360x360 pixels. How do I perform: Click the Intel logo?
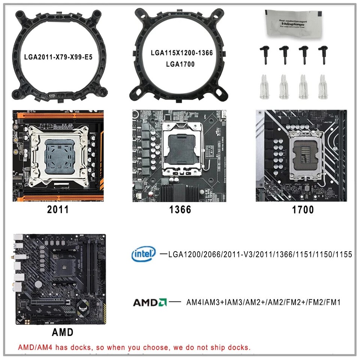click(144, 254)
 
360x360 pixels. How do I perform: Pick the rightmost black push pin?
click(322, 54)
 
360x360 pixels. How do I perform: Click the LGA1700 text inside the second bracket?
click(181, 64)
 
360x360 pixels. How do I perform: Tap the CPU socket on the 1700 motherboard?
click(305, 154)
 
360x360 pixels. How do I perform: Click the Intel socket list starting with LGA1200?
click(260, 255)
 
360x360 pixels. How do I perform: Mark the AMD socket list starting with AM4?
click(264, 302)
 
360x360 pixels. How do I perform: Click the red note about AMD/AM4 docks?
click(134, 347)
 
